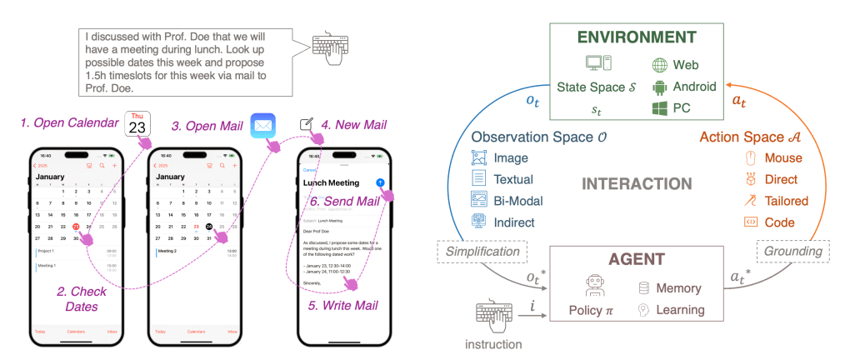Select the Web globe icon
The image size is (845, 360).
[x=658, y=64]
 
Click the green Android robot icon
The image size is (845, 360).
[x=658, y=86]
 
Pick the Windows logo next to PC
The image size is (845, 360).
[x=658, y=107]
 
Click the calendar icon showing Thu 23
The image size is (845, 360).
[x=137, y=124]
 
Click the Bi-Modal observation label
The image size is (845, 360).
[x=517, y=200]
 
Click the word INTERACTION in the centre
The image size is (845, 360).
[x=632, y=184]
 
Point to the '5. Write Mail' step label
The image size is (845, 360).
[x=344, y=305]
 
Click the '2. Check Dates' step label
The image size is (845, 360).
[x=81, y=299]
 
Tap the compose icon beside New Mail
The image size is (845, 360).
[x=307, y=125]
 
